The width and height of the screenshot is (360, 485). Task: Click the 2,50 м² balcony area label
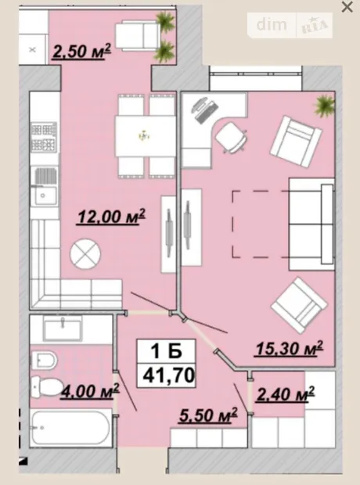click(81, 51)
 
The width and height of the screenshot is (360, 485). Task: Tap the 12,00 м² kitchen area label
click(111, 216)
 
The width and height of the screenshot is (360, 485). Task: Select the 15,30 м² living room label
click(289, 349)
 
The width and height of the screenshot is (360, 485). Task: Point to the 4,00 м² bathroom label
click(90, 391)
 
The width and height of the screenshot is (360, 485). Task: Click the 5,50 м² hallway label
click(208, 415)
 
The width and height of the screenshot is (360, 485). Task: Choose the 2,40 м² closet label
click(286, 394)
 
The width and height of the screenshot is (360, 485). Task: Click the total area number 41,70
click(168, 375)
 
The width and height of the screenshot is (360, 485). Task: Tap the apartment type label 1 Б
click(166, 351)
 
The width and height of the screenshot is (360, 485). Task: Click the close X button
click(347, 7)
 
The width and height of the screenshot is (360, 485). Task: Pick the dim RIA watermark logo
click(290, 25)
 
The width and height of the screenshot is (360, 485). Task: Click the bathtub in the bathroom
click(71, 427)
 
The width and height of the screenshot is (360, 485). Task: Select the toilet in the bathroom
click(47, 386)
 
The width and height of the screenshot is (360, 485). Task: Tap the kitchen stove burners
click(44, 138)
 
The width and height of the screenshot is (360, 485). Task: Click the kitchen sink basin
click(45, 196)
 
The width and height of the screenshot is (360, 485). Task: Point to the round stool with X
click(85, 254)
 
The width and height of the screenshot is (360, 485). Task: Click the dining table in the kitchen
click(146, 136)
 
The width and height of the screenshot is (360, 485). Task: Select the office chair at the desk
click(231, 137)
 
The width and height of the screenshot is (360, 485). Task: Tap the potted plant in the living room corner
click(325, 106)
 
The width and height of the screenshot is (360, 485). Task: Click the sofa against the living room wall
click(311, 225)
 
